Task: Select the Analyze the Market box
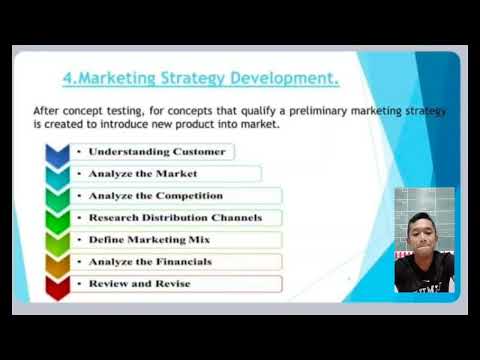click(166, 174)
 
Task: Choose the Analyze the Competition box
click(176, 196)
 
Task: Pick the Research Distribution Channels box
click(176, 218)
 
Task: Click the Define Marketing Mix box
click(176, 240)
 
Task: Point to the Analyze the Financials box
click(176, 262)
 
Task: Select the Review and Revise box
click(176, 284)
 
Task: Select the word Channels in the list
click(236, 218)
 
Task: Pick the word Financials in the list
click(182, 262)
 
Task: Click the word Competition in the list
click(189, 196)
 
